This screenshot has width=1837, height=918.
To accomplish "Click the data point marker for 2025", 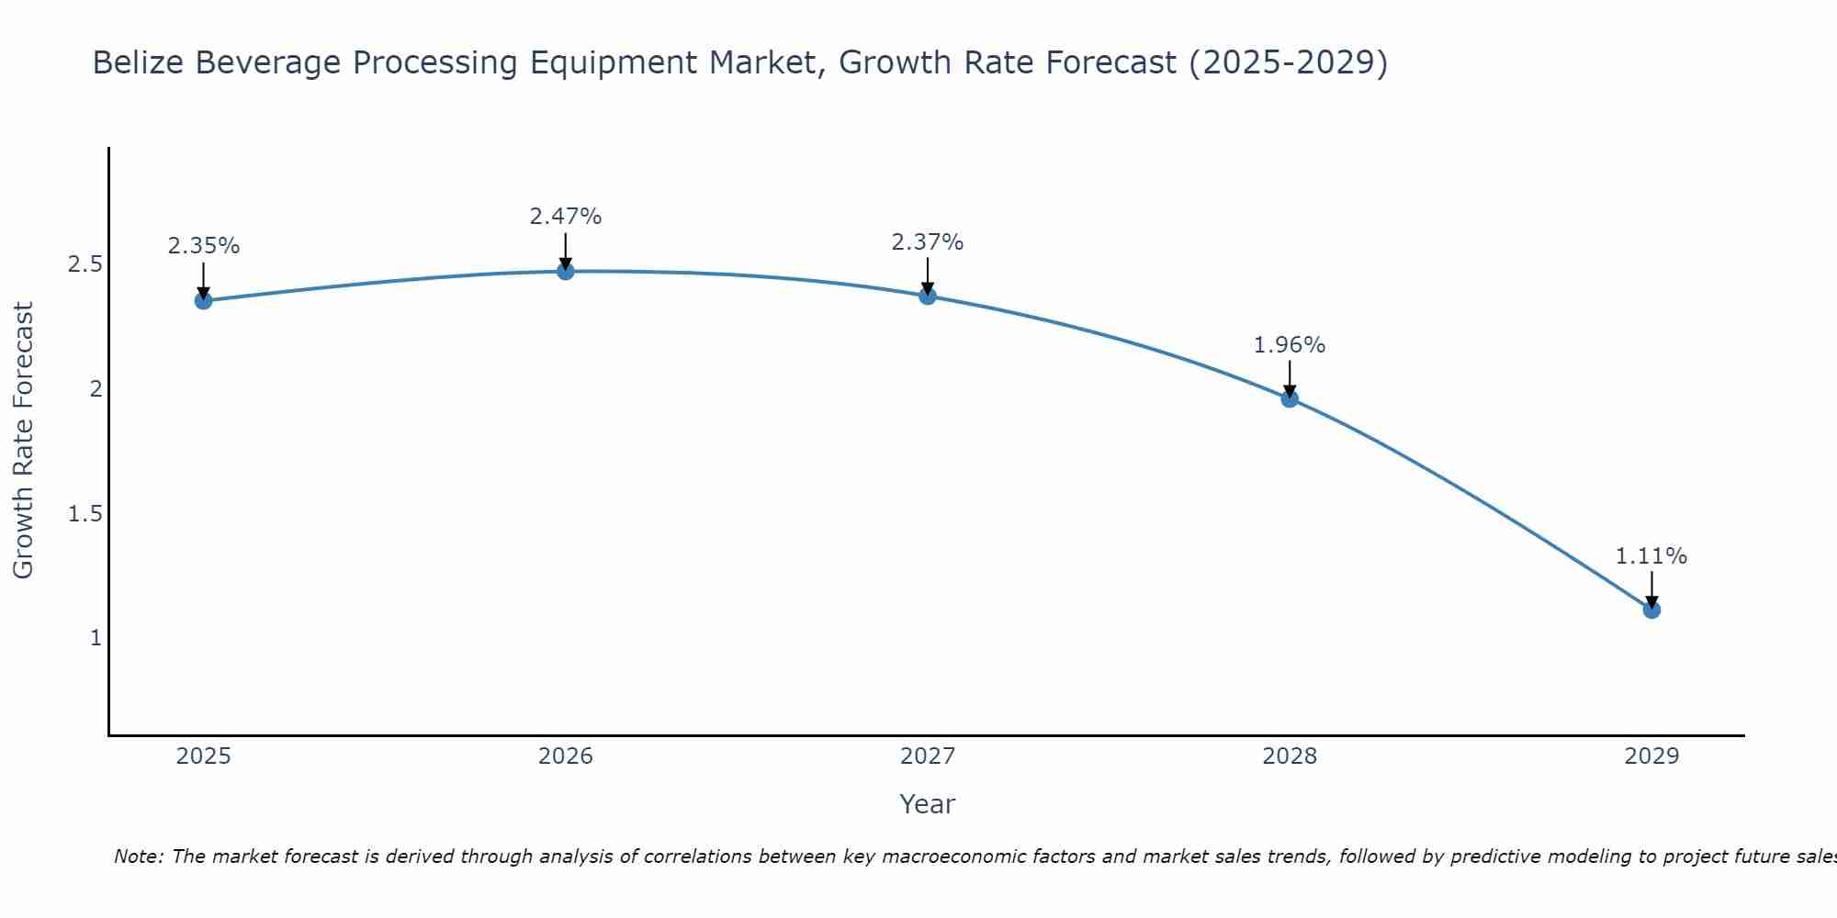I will coord(203,300).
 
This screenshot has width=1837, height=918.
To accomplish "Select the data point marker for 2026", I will coord(566,271).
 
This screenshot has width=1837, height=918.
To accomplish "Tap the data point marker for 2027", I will coord(928,296).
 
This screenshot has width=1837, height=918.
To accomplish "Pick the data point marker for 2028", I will coord(1290,398).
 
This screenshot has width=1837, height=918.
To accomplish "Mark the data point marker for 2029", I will coord(1651,610).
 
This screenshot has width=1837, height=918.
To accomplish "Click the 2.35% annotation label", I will coord(203,246).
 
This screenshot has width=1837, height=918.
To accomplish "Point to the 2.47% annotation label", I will coord(566,217).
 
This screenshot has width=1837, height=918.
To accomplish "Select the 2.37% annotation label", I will coord(928,242).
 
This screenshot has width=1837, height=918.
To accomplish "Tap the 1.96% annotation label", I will coord(1290,345).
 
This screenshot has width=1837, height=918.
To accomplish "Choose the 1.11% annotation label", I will coord(1651,556).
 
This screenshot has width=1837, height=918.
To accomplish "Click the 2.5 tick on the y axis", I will coord(85,264).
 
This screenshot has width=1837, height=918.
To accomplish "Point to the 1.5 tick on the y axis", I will coord(85,513).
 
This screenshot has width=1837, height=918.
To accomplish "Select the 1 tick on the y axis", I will coord(96,637).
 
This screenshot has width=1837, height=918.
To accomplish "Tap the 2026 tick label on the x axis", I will coord(566,756).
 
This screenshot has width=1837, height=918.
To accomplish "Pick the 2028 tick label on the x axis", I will coord(1290,756).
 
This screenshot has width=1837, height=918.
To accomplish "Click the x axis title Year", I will coord(928,804).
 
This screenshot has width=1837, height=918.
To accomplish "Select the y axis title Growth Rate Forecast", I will coord(23,441).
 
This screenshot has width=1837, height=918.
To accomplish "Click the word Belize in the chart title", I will coord(138,62).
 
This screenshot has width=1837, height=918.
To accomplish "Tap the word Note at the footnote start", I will coord(138,856).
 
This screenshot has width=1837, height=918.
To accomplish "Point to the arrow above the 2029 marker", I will coord(1651,589).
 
